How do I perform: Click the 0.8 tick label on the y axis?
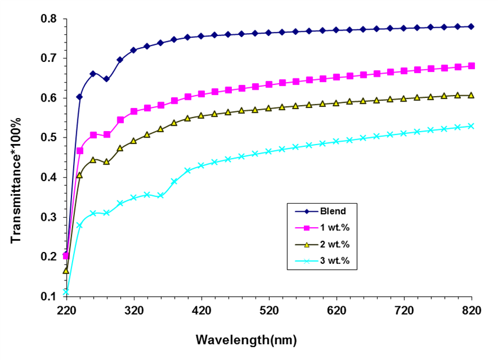[x=49, y=19]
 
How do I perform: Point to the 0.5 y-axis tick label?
[x=49, y=138]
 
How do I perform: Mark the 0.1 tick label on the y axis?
[x=49, y=296]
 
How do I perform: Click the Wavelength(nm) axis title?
[x=246, y=340]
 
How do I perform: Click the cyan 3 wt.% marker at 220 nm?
[x=66, y=292]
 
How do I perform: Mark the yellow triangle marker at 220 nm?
[x=66, y=270]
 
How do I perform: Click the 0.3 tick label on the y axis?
[x=49, y=217]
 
